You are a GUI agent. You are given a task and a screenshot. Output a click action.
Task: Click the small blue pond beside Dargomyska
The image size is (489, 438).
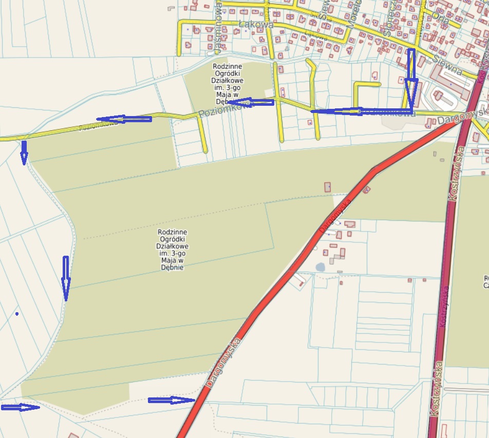321,267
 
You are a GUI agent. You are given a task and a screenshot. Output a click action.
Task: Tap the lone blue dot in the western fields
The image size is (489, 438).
17,313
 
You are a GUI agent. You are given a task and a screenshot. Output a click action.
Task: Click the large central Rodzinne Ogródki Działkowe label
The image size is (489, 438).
172,250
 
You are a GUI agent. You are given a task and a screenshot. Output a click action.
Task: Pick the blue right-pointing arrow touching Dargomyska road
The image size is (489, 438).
172,401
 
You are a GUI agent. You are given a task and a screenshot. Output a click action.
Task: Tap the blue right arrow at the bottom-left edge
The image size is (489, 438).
21,407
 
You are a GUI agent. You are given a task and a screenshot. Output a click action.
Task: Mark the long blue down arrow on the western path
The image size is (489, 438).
65,278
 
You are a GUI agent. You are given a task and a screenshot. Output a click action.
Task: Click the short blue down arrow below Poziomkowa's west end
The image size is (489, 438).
24,153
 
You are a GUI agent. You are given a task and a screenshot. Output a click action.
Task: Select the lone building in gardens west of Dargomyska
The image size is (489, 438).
328,187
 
